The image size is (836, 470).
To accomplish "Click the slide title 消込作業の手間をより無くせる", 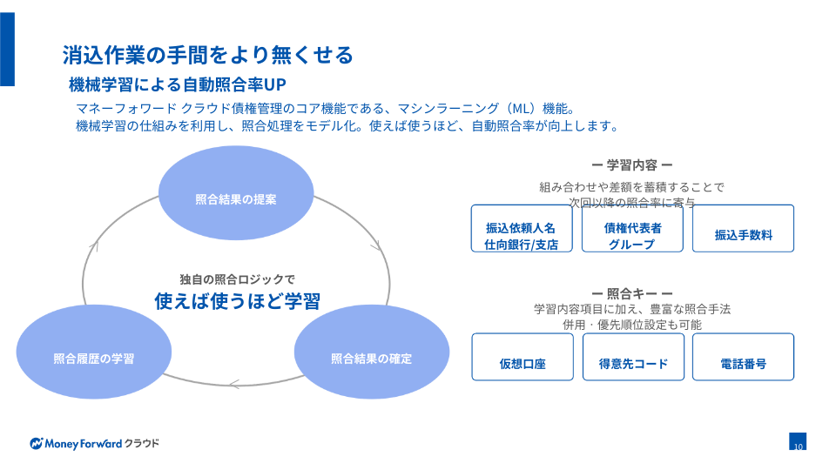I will (207, 55).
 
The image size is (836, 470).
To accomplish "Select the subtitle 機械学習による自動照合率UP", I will (178, 84).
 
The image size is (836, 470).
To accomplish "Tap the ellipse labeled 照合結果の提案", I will (236, 198).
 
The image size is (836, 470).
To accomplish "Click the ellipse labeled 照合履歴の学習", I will (93, 358).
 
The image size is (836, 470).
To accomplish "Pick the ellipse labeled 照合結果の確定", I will (371, 358).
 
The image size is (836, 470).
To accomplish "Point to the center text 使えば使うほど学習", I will (237, 301).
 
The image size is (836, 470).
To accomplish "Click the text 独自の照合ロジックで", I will (237, 279).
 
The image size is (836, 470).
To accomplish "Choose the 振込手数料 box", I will (743, 234).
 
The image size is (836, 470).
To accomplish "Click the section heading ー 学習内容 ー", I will (631, 164).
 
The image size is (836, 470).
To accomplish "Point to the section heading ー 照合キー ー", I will (631, 293).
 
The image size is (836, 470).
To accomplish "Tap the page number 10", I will (798, 443).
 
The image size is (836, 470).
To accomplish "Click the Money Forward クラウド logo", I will (94, 443).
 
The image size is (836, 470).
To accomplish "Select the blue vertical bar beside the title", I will (7, 49).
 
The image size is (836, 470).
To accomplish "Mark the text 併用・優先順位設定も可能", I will (631, 325).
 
